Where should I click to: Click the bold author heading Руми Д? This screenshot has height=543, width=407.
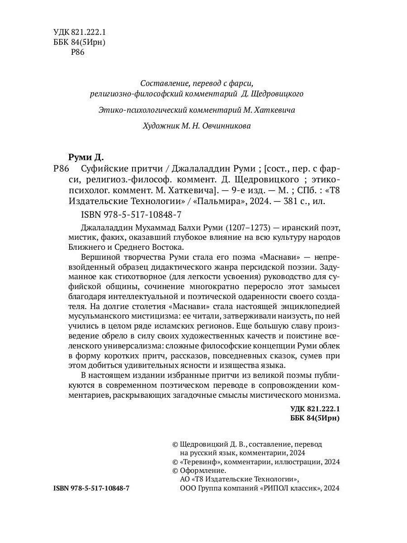pos(86,157)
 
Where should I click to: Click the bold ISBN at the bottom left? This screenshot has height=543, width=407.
pos(91,489)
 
